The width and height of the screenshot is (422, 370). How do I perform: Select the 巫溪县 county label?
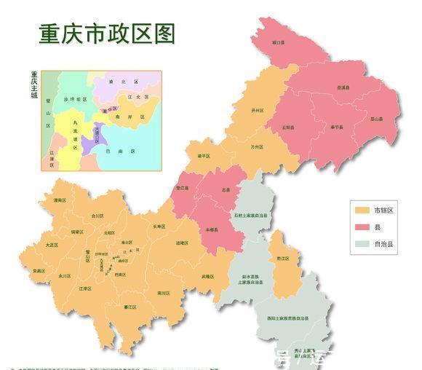342,87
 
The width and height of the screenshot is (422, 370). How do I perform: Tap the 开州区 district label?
257,111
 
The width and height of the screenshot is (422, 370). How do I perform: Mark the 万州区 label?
256,146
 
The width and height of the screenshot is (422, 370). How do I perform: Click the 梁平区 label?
203,156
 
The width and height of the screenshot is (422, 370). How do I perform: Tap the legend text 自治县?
384,244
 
